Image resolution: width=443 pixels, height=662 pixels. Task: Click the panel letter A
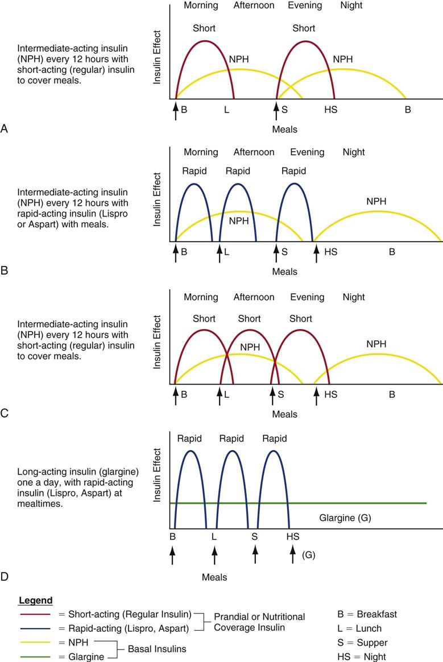click(5, 129)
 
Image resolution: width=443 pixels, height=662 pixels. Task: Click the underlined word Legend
click(35, 601)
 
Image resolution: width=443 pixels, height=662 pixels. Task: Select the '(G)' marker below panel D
click(308, 555)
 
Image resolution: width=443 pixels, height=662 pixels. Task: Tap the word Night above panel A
click(351, 6)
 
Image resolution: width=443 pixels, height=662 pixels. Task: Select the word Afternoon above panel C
click(254, 297)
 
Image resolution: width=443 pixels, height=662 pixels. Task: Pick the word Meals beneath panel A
click(284, 129)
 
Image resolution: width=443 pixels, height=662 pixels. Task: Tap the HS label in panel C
click(330, 393)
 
